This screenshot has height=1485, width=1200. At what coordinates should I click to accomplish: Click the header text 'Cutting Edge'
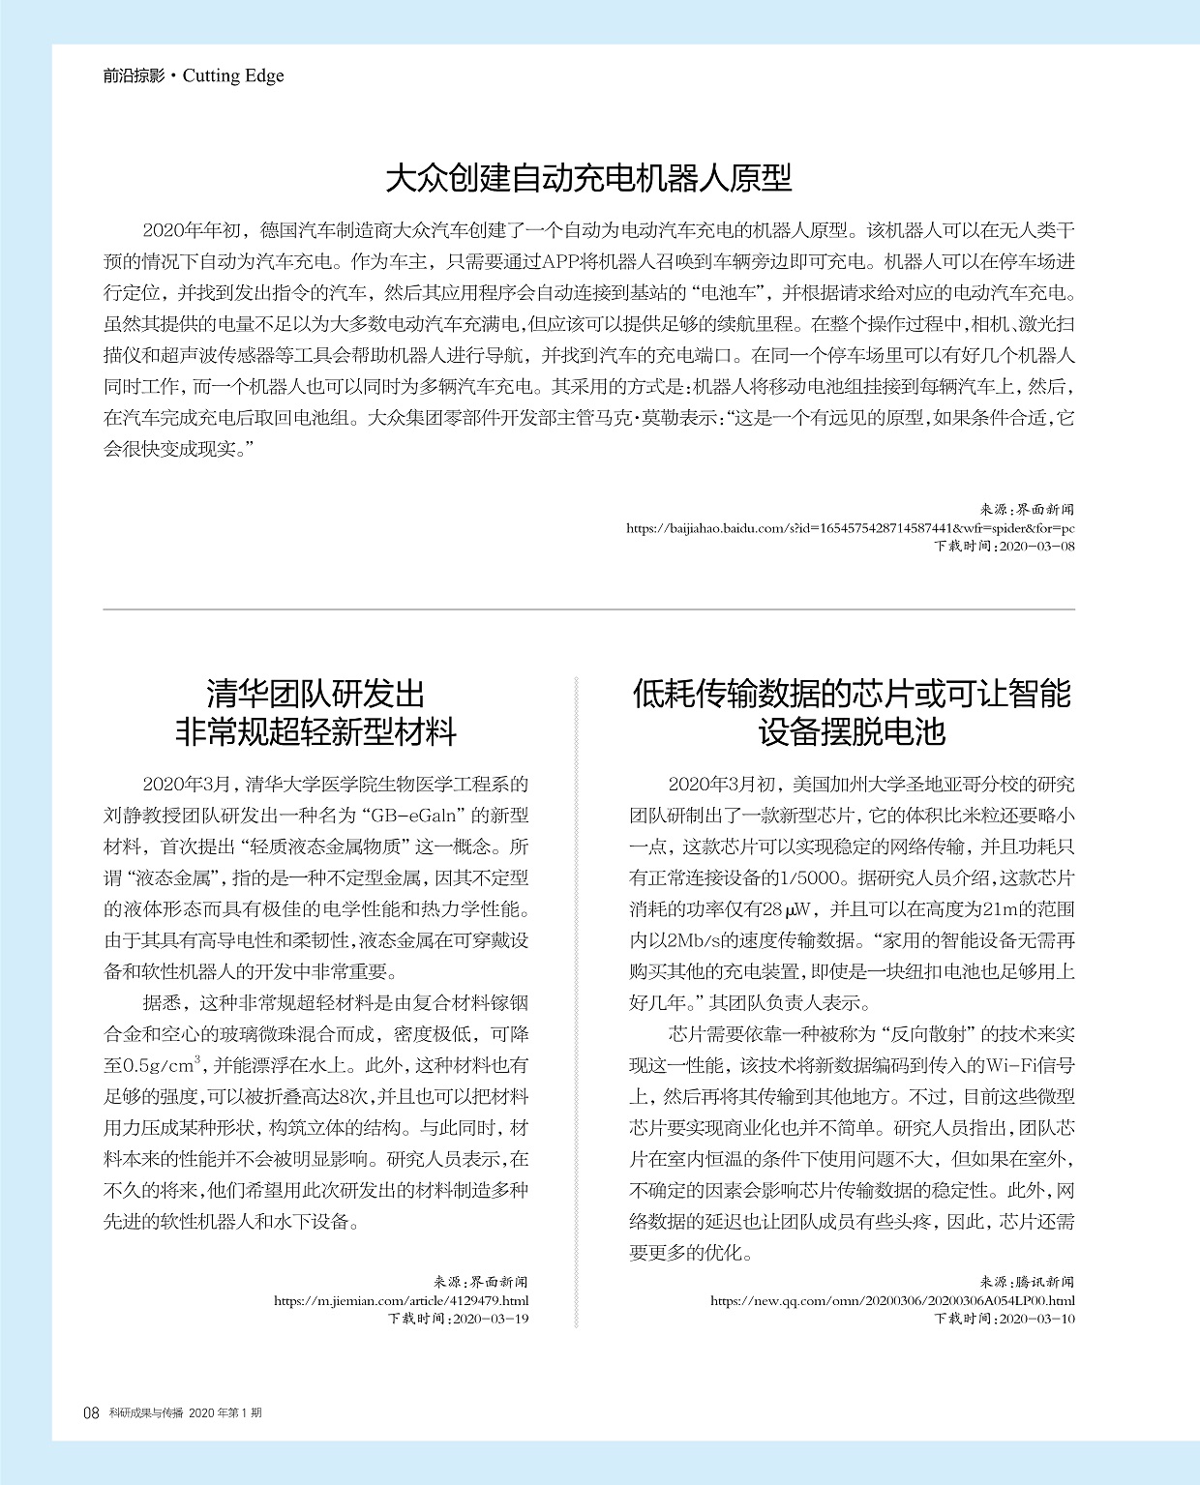(233, 75)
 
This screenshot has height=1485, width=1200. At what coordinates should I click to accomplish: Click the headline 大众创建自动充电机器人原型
(588, 178)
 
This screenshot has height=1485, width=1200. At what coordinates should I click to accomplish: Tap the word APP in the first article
(560, 261)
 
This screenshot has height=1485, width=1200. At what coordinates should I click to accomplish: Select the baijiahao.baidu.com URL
(850, 528)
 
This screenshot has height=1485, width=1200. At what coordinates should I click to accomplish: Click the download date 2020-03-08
(1035, 546)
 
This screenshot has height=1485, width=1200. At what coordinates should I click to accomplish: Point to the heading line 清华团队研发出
(315, 694)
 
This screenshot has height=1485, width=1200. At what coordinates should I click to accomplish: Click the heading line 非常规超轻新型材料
(315, 731)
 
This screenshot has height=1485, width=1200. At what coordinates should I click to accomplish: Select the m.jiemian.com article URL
(401, 1301)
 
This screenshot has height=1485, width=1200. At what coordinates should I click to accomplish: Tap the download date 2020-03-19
(491, 1319)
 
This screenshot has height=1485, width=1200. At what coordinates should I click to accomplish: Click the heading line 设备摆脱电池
(852, 731)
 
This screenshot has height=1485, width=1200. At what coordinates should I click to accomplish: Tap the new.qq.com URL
(891, 1301)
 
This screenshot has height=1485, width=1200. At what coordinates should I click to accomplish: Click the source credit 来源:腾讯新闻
(1027, 1283)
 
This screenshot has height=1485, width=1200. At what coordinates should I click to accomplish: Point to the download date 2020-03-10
(1035, 1319)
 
